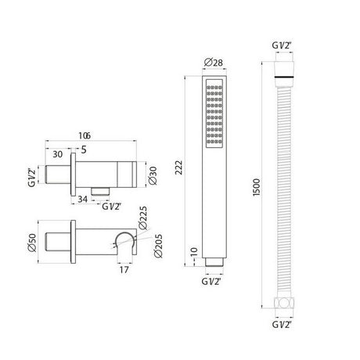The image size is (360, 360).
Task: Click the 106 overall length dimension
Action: [85, 135]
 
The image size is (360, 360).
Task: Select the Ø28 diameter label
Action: [214, 63]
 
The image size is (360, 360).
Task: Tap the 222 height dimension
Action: [179, 167]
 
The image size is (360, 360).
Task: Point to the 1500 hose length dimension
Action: [257, 187]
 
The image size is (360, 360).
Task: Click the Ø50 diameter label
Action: [32, 243]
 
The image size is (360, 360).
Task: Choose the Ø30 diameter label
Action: [153, 176]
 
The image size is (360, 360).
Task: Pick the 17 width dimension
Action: [124, 270]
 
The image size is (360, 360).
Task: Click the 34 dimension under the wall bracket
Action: [82, 199]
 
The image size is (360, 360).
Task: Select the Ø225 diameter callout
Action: [142, 218]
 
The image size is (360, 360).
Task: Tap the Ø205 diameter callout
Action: [158, 246]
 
